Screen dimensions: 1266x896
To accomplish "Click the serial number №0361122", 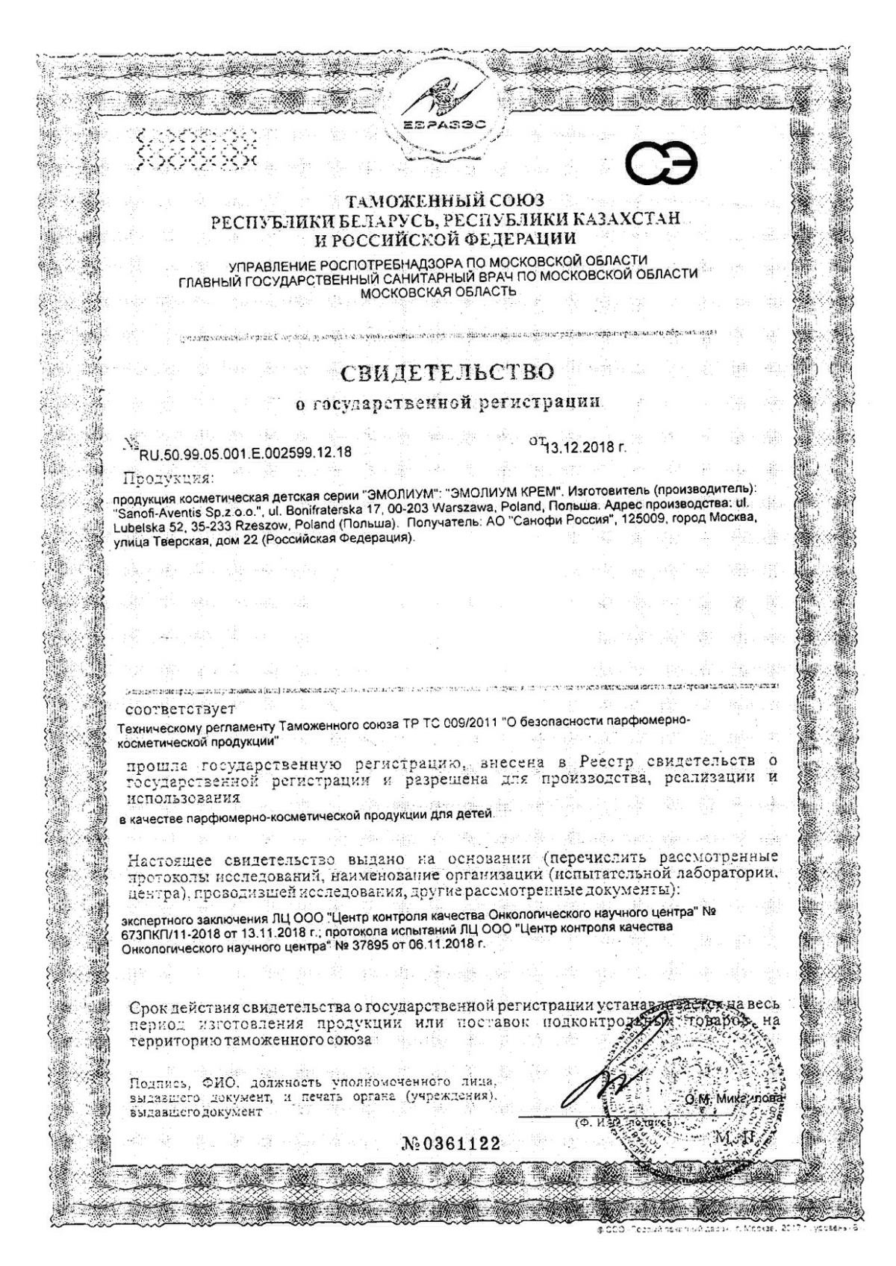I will click(450, 1165).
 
